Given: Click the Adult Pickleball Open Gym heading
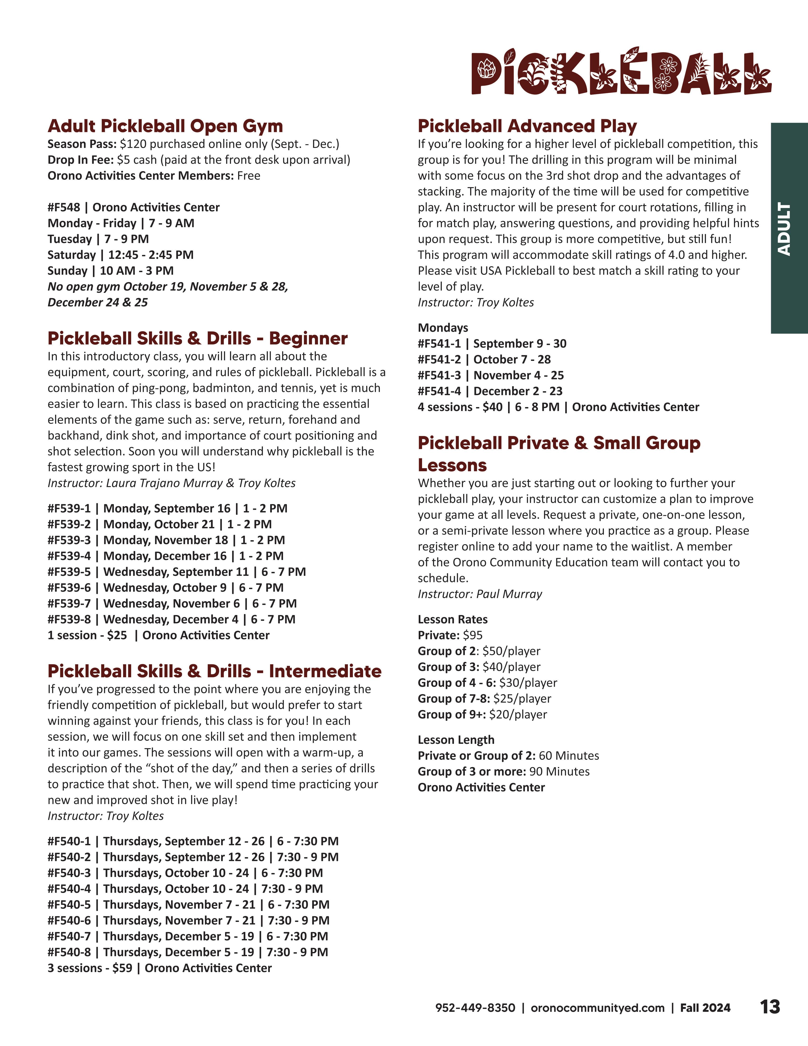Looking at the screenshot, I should coord(165,126).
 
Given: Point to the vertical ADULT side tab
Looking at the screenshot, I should coord(785,228).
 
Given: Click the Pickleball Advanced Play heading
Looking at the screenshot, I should coord(527,126).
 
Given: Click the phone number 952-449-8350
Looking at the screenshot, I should coord(475,1008).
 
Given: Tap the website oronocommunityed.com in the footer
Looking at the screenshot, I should coord(597,1008).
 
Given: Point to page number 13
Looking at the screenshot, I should coord(770,1007).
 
